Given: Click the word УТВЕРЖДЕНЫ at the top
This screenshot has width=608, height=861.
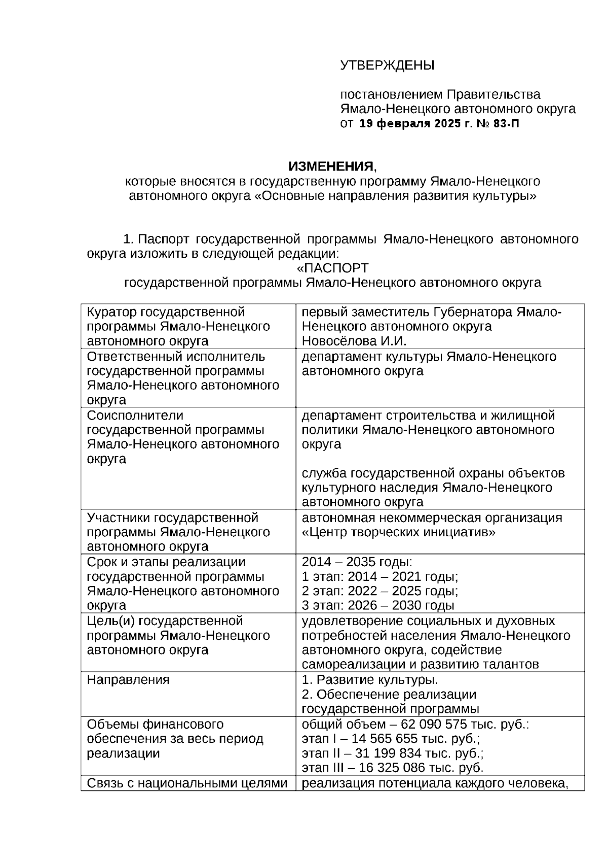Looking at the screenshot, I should [x=387, y=65].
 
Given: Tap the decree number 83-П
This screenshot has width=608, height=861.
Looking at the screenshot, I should [x=505, y=124].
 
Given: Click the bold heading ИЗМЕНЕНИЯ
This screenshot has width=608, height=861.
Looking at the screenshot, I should [x=330, y=166].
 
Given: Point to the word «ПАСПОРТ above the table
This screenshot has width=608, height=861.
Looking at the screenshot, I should [x=333, y=267].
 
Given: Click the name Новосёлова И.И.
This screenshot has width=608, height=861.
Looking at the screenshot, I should [x=354, y=340].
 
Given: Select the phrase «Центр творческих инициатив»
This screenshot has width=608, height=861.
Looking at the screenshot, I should [x=398, y=532].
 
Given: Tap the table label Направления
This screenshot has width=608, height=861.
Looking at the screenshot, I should [x=128, y=679].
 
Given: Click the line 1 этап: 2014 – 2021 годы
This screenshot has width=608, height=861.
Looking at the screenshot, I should [x=380, y=576].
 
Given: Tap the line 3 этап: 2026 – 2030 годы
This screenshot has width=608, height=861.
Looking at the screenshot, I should [x=378, y=605].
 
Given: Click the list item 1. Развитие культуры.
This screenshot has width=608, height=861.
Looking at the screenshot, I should [x=370, y=679].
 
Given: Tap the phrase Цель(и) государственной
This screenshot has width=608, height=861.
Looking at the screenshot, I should [x=165, y=621].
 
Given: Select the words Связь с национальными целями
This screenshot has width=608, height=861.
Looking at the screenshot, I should [x=187, y=783].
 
